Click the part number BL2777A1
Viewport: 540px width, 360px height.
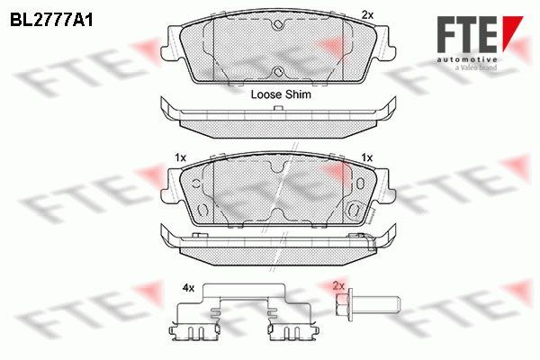pyautogui.click(x=51, y=21)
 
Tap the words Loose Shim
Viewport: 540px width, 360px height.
pyautogui.click(x=281, y=94)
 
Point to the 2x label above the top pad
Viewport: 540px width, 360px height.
pyautogui.click(x=367, y=14)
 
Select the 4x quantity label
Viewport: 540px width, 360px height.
pyautogui.click(x=188, y=288)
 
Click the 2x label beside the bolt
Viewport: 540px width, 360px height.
pyautogui.click(x=338, y=286)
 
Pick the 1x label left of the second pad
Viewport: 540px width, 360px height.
pyautogui.click(x=180, y=157)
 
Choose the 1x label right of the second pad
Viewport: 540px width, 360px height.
pyautogui.click(x=367, y=157)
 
